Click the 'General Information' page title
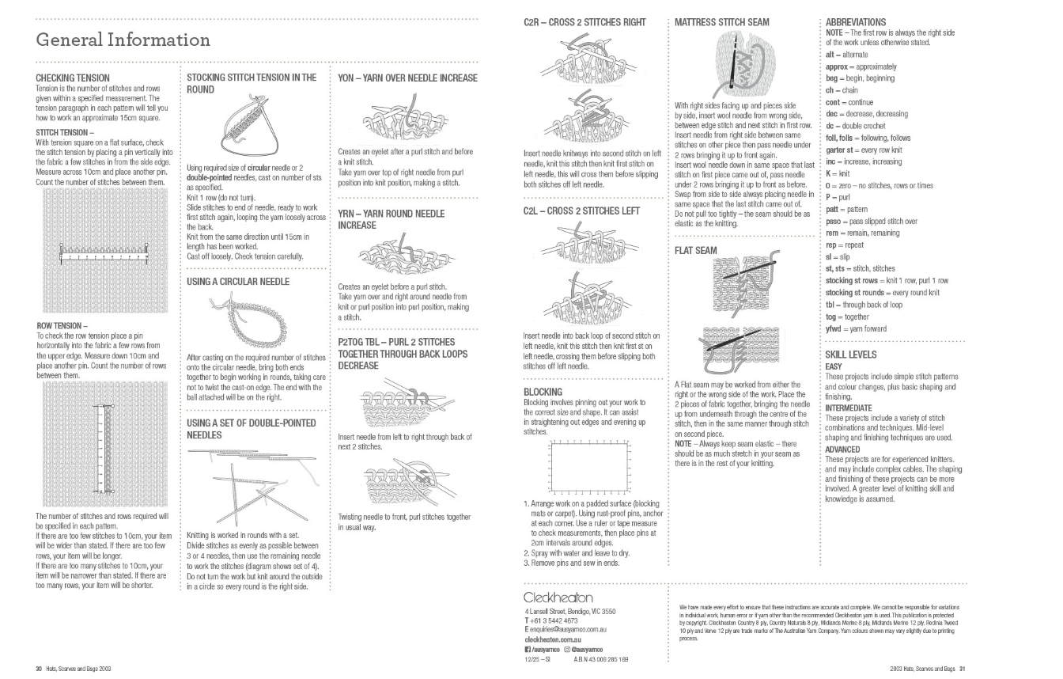tap(123, 40)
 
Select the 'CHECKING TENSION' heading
tap(73, 78)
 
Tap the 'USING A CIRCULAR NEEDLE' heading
tap(238, 282)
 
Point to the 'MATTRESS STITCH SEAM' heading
tap(721, 22)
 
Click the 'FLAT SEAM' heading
tap(696, 251)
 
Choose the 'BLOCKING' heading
tap(543, 392)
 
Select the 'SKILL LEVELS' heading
tap(851, 355)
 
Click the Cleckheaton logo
tap(558, 597)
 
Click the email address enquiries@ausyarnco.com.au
tap(565, 628)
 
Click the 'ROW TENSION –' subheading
tap(62, 325)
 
